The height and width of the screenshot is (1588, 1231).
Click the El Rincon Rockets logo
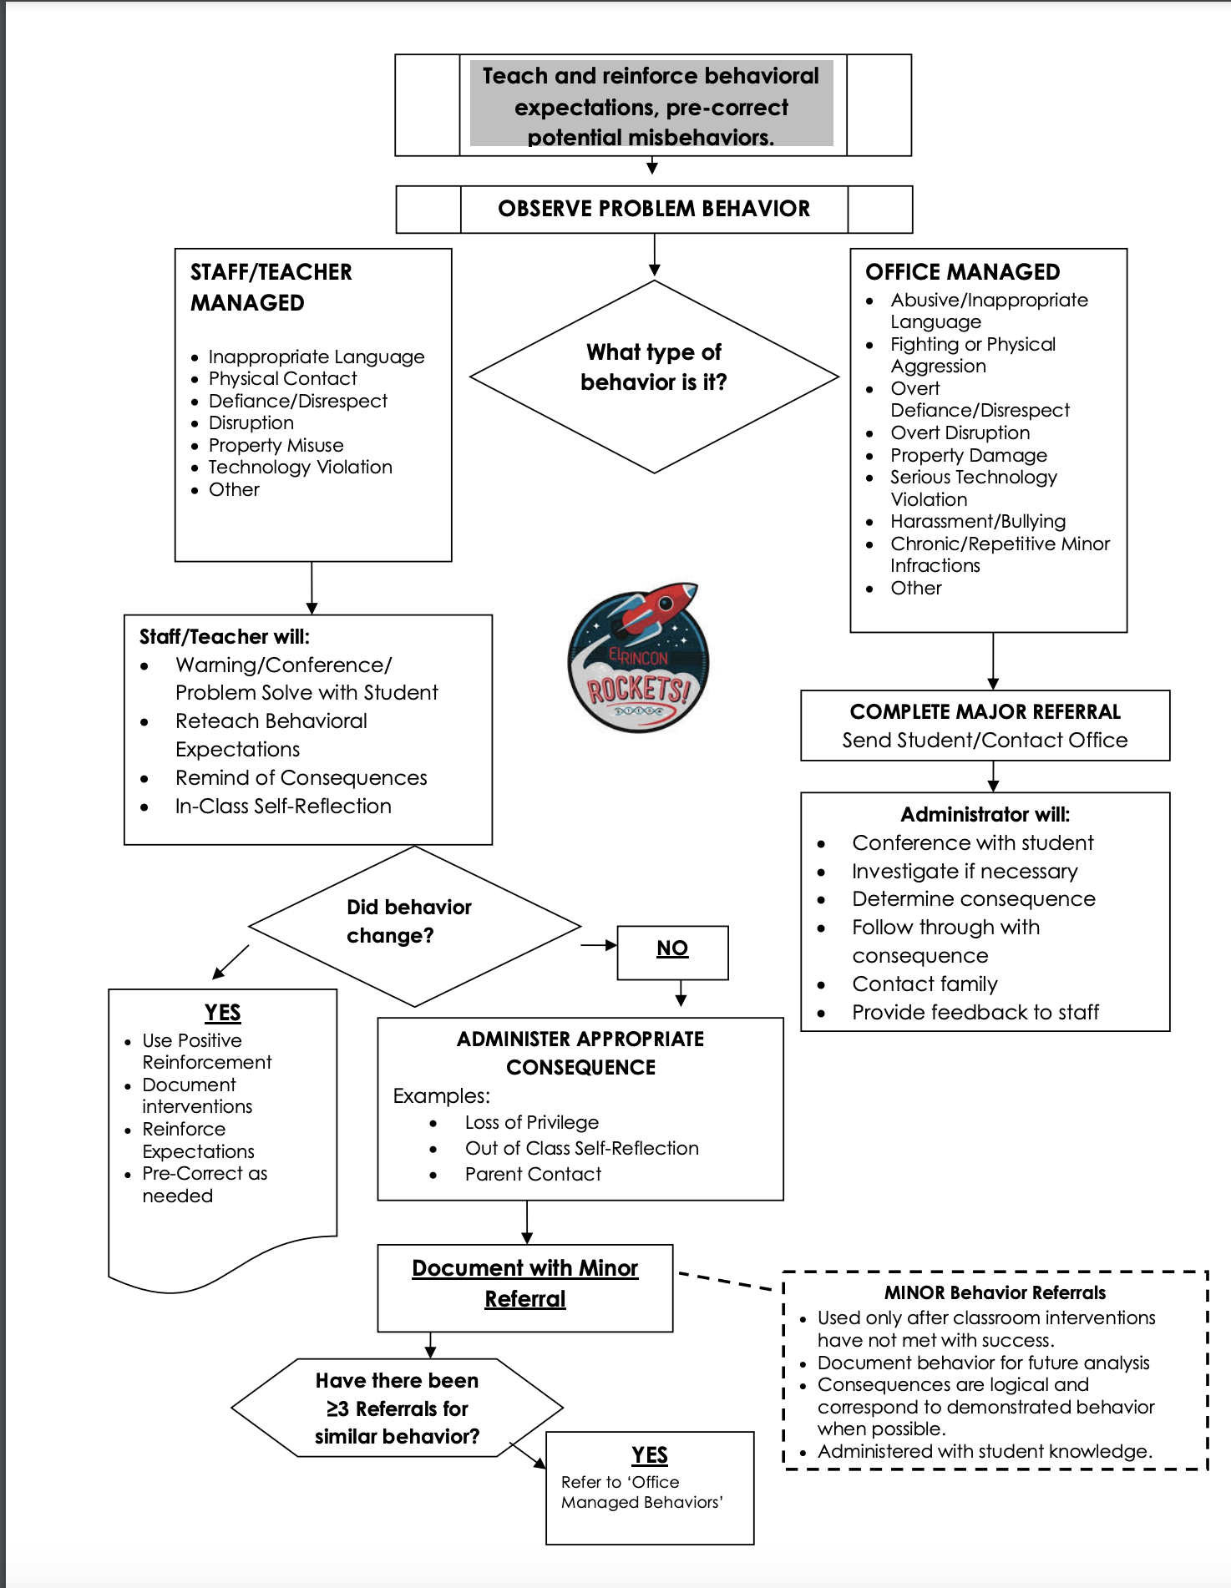(639, 658)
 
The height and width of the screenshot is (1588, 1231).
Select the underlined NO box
(672, 949)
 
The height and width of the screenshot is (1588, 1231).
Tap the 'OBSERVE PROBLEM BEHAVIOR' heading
(654, 209)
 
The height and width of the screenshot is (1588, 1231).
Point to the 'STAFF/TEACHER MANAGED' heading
(271, 287)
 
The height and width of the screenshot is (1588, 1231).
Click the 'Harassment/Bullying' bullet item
(977, 522)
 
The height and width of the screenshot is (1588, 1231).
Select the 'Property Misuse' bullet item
(276, 445)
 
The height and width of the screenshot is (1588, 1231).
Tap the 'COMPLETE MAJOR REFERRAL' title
(985, 712)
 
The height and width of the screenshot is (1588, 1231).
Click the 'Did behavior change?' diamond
(409, 922)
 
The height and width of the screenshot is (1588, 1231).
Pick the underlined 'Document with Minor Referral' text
(525, 1283)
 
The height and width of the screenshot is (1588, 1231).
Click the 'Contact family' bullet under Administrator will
(925, 984)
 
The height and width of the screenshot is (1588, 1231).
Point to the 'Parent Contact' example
(533, 1175)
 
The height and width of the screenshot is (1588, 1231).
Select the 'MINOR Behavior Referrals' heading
(995, 1293)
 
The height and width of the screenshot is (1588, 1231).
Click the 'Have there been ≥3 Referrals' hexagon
(397, 1408)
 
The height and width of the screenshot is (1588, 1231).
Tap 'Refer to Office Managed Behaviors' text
(641, 1493)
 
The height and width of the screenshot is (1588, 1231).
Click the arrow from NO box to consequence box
(681, 994)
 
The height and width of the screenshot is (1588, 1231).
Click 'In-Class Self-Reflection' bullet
(283, 807)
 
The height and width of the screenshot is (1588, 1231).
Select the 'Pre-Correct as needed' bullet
(205, 1185)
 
